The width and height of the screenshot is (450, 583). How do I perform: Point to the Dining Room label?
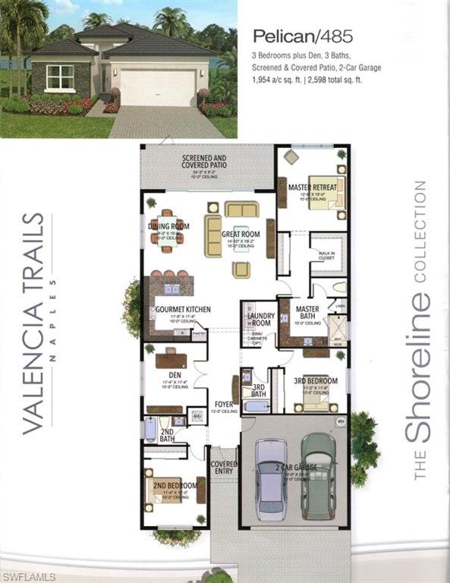tap(169, 225)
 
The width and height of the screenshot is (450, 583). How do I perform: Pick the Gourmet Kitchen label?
tap(182, 310)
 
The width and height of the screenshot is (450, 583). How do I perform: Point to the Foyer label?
tap(224, 405)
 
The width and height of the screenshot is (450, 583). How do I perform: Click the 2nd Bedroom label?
tap(175, 486)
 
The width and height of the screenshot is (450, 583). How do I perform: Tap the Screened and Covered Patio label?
tap(205, 163)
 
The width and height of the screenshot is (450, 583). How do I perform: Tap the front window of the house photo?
tap(59, 77)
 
